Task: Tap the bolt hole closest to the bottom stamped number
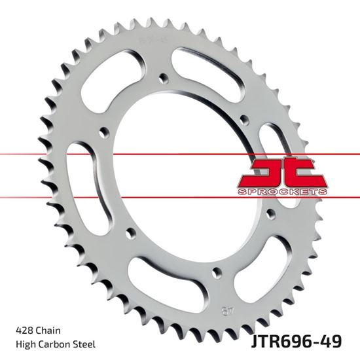tap(214, 278)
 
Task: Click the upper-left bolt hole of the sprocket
tap(102, 134)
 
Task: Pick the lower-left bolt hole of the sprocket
tap(130, 233)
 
